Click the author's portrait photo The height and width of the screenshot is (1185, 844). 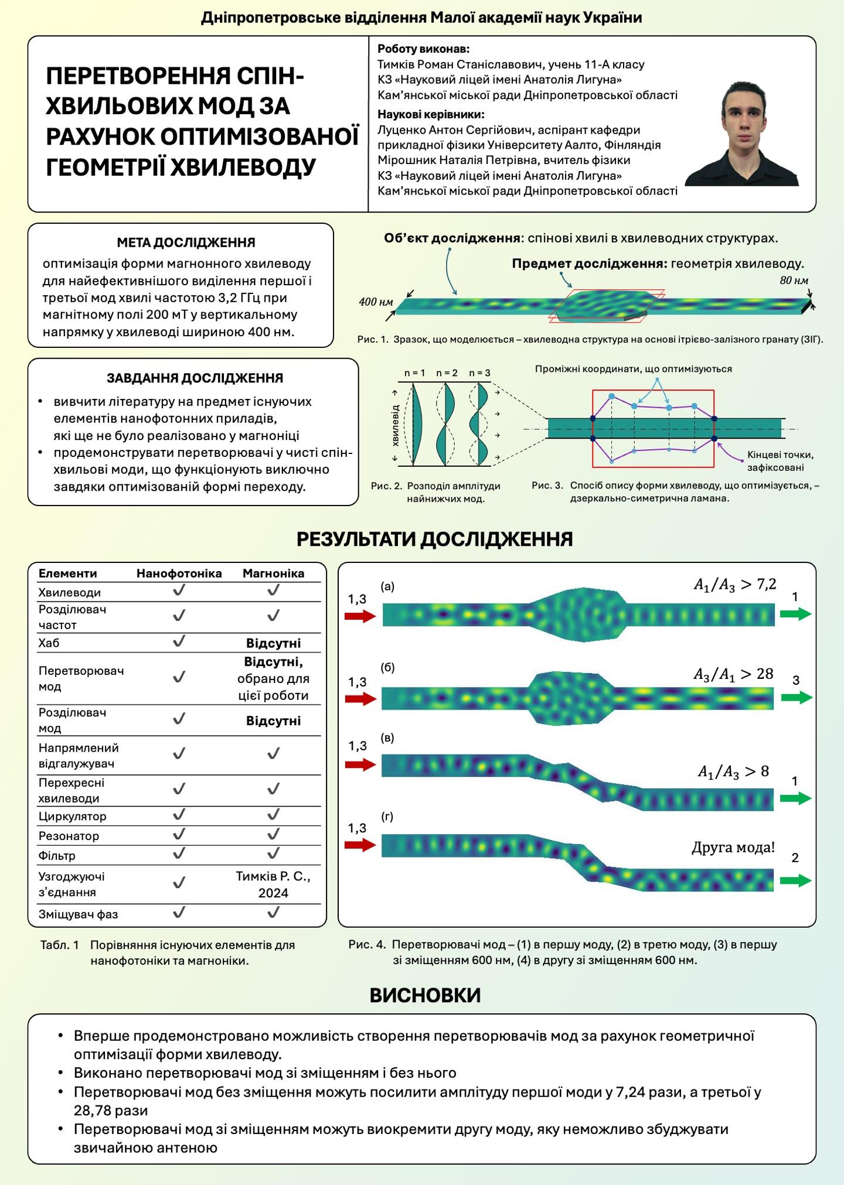tap(742, 134)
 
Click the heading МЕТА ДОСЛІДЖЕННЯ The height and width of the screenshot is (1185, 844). tap(186, 243)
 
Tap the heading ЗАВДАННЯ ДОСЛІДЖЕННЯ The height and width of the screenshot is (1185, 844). tap(195, 378)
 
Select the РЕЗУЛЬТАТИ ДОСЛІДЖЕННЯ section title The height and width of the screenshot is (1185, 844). tap(434, 539)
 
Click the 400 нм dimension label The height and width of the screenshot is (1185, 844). tap(376, 302)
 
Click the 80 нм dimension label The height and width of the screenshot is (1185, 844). tap(794, 281)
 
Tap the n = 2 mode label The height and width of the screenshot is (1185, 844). tap(447, 373)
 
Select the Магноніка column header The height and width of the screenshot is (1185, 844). tap(273, 573)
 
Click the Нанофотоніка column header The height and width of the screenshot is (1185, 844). tap(179, 573)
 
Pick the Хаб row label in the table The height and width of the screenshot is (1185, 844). tap(49, 643)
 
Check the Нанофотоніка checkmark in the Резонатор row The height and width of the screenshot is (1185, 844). tap(179, 834)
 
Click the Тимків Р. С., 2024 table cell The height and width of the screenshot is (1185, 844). tap(273, 885)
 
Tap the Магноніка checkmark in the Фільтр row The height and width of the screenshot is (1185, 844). tap(273, 853)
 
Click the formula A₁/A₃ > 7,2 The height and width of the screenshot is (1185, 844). tap(735, 584)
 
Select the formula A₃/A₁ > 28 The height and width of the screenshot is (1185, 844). tap(733, 674)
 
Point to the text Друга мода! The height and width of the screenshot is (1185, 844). tap(733, 847)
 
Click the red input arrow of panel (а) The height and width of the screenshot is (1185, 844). tap(360, 616)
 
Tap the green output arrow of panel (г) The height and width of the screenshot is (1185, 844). tap(796, 880)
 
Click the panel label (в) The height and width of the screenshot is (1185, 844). tap(387, 737)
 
